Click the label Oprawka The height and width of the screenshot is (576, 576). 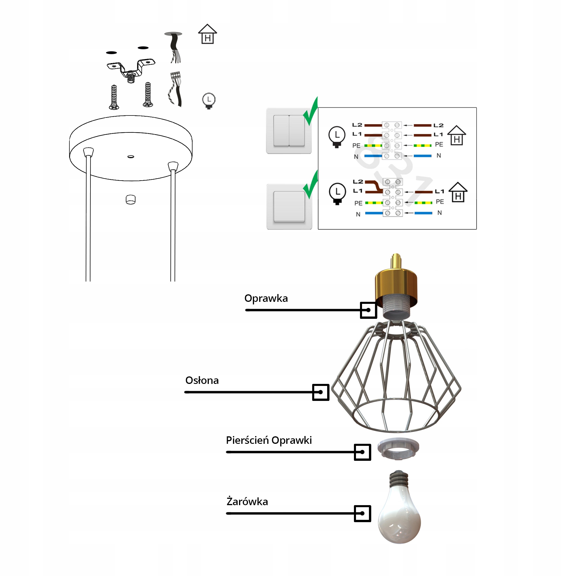pos(266,298)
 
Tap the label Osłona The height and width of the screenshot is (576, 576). pos(202,380)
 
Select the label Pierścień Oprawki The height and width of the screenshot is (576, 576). pos(269,440)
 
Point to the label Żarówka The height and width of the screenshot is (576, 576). pos(247,502)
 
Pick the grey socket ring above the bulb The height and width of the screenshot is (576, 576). pos(398,449)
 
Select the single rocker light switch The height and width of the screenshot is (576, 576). pos(289,206)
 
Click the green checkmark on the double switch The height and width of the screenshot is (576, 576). pos(311,112)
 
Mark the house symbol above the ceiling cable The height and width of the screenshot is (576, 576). pos(207,34)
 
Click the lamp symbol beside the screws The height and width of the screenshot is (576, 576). pos(209,101)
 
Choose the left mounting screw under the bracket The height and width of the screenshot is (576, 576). pos(114,97)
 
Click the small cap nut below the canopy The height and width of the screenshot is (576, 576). pos(130,200)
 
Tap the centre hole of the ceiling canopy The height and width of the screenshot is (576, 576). pos(130,156)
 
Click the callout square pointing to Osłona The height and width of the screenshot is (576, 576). pos(321,392)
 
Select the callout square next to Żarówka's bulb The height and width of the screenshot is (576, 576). pos(362,514)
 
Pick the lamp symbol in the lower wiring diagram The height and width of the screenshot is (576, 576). pos(337,194)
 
